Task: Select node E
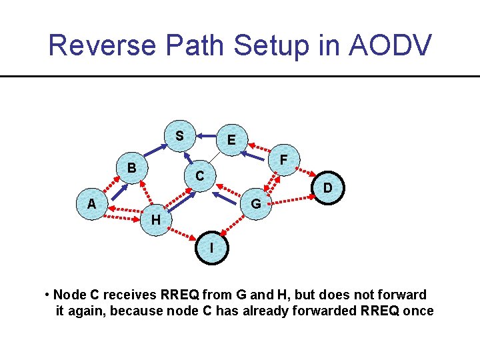coord(231,140)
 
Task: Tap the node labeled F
coord(284,160)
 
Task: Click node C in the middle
coord(199,177)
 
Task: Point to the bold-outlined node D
coord(327,189)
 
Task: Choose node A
coord(91,204)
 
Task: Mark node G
coord(256,204)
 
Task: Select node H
coord(155,219)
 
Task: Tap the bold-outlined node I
coord(212,247)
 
